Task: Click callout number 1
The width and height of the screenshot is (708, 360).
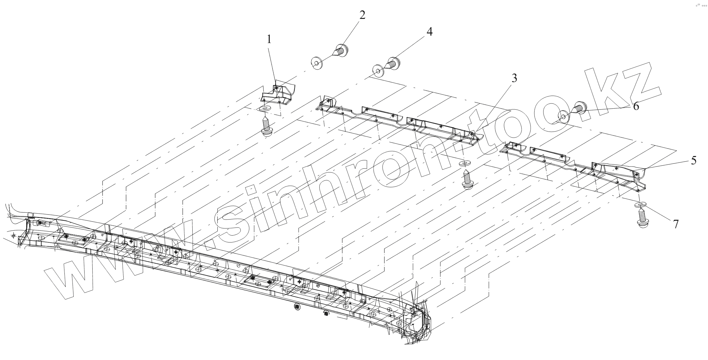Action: (x=269, y=39)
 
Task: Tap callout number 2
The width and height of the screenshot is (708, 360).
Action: (x=362, y=15)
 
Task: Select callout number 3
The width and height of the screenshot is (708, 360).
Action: (x=514, y=79)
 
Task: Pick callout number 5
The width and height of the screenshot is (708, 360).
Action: (x=693, y=160)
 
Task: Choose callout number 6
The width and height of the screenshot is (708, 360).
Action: (x=636, y=106)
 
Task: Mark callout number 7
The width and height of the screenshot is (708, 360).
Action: (x=675, y=224)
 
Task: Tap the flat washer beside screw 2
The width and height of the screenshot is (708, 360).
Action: (x=317, y=64)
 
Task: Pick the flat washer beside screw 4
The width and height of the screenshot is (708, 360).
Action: (x=378, y=71)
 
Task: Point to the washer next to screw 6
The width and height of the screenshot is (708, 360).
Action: (x=563, y=117)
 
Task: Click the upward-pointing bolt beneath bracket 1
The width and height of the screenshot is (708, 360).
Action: (x=266, y=127)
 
